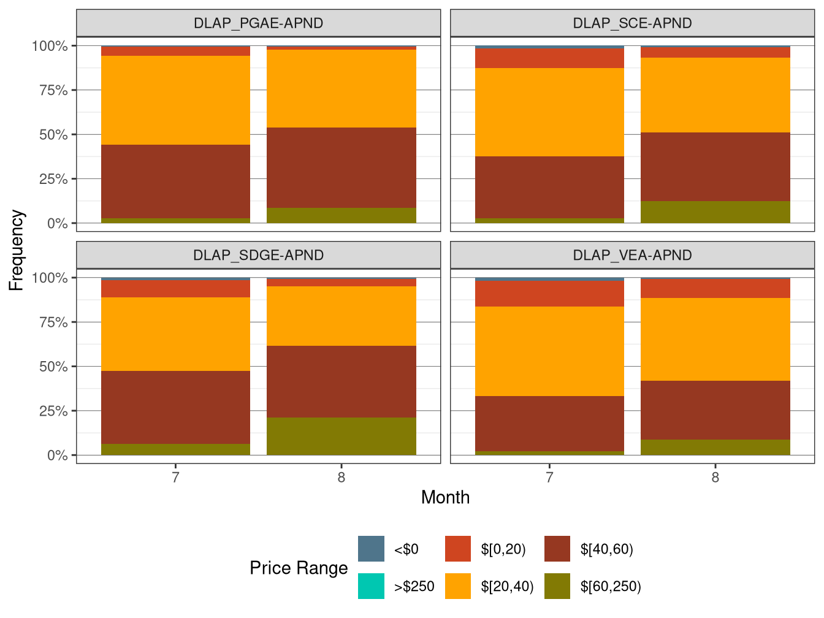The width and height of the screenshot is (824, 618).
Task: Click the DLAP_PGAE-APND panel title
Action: [258, 23]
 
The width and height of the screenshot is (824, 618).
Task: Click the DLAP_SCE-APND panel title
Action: [632, 23]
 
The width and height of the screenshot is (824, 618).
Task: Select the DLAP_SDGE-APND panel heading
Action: [258, 255]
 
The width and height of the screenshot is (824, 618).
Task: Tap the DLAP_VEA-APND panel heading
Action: [632, 255]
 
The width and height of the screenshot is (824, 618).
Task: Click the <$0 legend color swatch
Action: [371, 549]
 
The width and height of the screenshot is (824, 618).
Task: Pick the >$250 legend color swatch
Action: [371, 586]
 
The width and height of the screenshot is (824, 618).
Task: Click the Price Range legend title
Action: [299, 568]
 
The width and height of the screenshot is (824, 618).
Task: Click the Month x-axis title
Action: [445, 497]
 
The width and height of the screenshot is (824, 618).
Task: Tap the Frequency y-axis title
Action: [17, 250]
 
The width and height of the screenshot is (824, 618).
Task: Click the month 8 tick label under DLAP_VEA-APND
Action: [715, 478]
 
